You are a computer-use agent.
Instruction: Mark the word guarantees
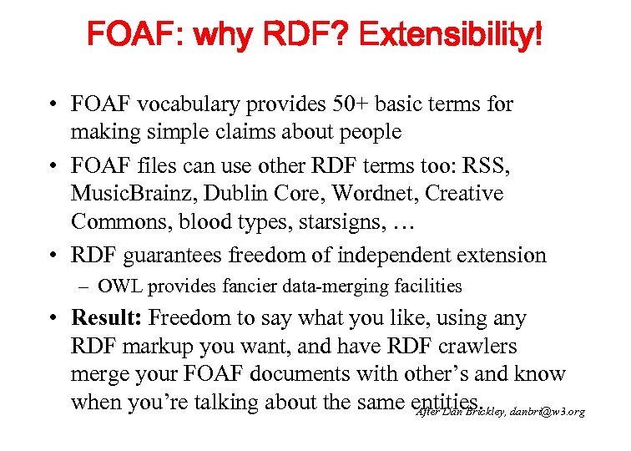[174, 255]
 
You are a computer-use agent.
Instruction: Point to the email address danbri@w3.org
[546, 411]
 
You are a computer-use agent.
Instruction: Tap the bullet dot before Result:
[53, 318]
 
